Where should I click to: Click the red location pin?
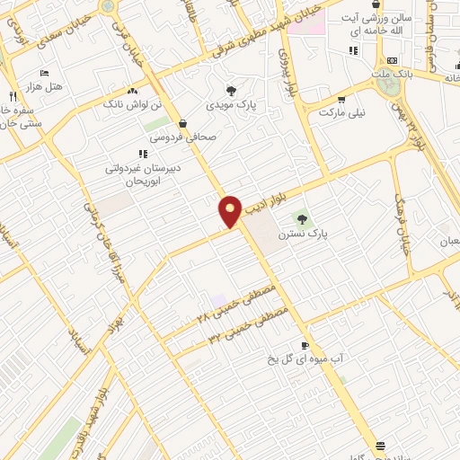click(230, 211)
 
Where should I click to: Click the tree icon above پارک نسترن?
click(302, 217)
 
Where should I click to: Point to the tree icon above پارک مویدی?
click(232, 91)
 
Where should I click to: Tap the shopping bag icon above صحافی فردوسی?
click(183, 124)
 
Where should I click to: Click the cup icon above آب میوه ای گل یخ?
click(305, 345)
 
